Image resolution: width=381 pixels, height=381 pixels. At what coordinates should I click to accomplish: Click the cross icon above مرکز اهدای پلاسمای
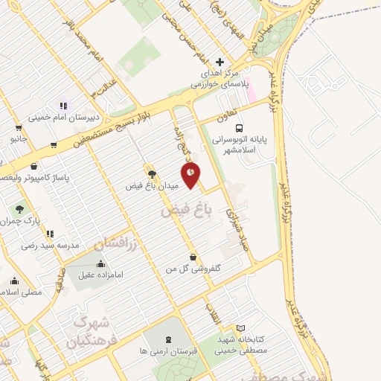pyautogui.click(x=219, y=62)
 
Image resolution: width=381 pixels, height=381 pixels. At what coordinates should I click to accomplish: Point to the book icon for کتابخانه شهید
pyautogui.click(x=240, y=328)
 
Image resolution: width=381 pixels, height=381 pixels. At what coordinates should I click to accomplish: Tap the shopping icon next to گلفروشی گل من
pyautogui.click(x=193, y=257)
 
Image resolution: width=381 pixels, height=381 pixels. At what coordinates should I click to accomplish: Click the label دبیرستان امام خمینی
pyautogui.click(x=60, y=117)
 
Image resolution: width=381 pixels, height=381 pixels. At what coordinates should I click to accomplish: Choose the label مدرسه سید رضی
pyautogui.click(x=45, y=244)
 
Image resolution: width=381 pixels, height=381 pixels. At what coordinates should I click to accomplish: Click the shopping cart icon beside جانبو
pyautogui.click(x=54, y=145)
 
